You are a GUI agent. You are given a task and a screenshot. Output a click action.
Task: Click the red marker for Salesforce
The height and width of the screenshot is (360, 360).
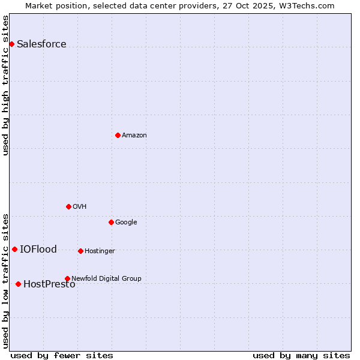point(11,44)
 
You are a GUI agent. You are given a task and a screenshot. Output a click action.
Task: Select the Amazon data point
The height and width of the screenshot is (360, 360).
point(118,135)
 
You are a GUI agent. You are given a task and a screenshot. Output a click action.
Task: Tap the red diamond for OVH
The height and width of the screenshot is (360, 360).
point(68,206)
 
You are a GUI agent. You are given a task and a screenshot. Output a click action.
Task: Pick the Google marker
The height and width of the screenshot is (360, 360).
point(111,222)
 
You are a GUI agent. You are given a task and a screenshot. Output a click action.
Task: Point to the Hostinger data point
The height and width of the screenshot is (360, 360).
point(80,251)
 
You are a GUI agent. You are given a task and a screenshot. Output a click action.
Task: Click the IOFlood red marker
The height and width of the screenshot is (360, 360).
point(14,249)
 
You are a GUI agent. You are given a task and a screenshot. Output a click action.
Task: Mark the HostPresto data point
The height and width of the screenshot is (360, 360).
point(18,284)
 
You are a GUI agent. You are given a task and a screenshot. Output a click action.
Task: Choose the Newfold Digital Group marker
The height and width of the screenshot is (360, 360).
point(67,278)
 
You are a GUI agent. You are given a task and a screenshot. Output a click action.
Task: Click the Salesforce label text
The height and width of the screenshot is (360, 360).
point(41,44)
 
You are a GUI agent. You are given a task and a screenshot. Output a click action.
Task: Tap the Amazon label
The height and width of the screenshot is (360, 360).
point(134,135)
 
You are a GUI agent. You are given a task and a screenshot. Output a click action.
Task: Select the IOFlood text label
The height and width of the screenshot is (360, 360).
point(38,249)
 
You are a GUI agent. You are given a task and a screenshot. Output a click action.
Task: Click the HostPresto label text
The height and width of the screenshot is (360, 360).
point(49,284)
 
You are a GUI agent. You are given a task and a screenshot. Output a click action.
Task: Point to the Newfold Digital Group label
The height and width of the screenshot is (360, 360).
point(106,278)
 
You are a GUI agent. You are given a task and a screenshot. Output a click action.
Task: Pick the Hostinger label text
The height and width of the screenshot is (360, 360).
point(100,251)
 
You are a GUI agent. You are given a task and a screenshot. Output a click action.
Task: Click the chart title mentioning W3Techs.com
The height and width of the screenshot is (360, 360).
point(180,5)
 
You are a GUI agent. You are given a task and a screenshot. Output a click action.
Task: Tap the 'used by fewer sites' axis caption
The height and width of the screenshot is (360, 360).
point(62,355)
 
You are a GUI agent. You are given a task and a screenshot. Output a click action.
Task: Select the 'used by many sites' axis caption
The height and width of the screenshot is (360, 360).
point(301,355)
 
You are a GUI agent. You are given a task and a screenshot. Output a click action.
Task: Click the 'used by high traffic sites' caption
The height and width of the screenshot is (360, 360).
point(5,85)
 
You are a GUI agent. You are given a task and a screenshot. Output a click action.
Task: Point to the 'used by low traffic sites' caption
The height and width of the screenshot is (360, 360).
point(5,280)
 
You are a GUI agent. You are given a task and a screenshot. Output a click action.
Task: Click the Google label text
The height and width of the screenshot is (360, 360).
point(126,222)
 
